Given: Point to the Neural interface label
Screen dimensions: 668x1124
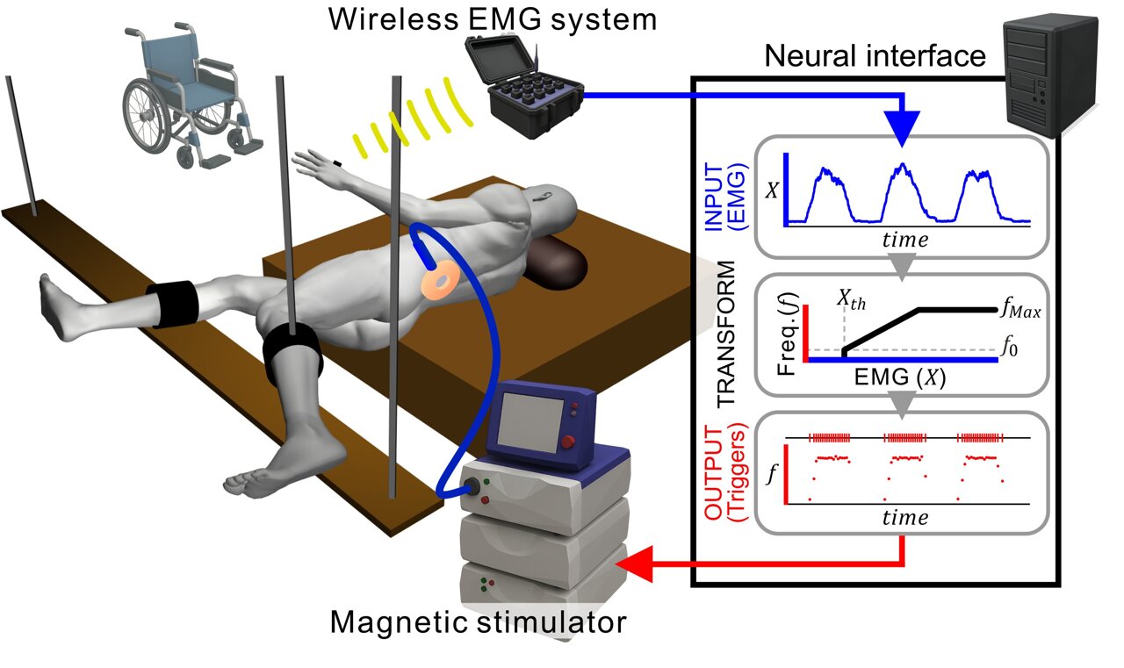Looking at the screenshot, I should pyautogui.click(x=875, y=57).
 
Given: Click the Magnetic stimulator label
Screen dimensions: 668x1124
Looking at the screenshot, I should pyautogui.click(x=478, y=624).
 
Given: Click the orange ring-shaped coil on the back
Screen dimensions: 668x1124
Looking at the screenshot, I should pyautogui.click(x=439, y=279).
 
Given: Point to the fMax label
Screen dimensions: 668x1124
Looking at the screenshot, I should pyautogui.click(x=1020, y=310).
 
